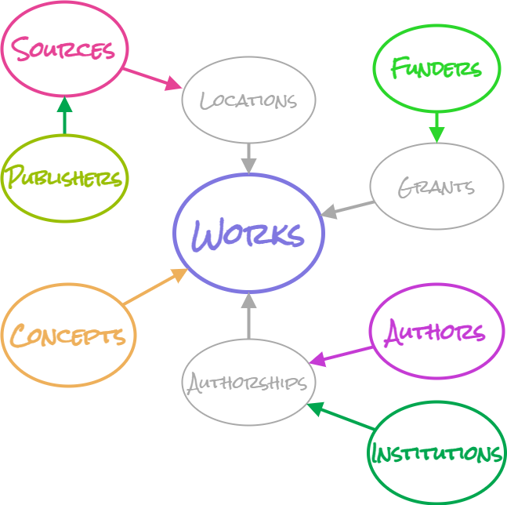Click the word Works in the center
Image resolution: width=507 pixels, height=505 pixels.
click(x=248, y=234)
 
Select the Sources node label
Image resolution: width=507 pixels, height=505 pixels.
click(x=64, y=49)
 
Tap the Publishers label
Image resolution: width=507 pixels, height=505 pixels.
click(x=64, y=178)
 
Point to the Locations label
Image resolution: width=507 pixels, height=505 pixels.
click(x=248, y=100)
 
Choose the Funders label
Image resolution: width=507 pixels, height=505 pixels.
click(x=436, y=68)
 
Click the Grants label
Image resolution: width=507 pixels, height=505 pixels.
click(x=436, y=187)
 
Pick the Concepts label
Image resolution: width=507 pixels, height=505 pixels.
click(x=68, y=336)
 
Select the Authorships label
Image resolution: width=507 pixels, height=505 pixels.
click(x=248, y=383)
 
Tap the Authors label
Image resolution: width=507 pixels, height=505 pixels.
click(x=436, y=332)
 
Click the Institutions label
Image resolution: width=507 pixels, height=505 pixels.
click(x=436, y=453)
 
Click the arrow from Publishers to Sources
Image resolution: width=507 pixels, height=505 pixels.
click(x=64, y=115)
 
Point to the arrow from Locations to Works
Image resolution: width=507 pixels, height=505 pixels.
click(x=248, y=158)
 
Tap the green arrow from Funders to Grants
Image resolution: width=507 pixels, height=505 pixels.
click(x=436, y=125)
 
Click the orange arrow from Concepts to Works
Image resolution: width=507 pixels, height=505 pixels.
click(x=155, y=287)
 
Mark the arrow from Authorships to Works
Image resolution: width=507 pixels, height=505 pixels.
click(x=248, y=316)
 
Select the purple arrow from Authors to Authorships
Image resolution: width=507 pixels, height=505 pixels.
click(x=341, y=355)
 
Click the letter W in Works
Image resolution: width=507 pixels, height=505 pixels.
click(x=208, y=234)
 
